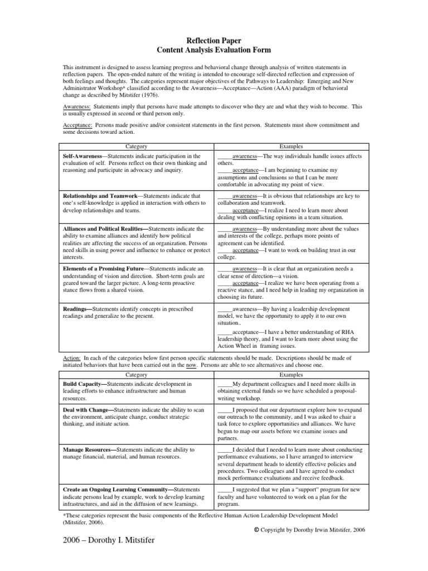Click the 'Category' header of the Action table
tap(137, 375)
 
